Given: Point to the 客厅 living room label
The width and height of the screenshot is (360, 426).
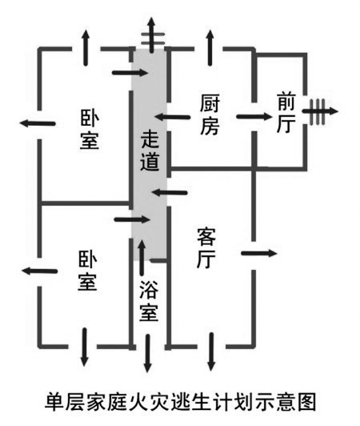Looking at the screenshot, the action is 206,248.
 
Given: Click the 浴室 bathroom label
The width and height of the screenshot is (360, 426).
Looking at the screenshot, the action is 149,301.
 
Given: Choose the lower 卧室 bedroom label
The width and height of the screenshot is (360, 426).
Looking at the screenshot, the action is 87,271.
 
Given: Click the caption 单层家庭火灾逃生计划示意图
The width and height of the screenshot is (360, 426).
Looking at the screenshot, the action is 180,402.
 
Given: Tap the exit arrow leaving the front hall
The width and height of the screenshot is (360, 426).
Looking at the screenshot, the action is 320,111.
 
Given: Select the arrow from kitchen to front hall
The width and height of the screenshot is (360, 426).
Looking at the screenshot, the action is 254,117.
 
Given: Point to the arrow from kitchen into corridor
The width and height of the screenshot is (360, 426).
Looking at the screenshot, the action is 172,117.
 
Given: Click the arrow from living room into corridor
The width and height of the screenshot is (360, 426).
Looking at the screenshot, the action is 170,193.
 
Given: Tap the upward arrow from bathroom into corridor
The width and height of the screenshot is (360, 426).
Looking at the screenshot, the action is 142,258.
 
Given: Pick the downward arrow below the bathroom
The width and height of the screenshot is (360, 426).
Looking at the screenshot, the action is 147,353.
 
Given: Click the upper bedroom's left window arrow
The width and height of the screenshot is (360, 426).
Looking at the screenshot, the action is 38,123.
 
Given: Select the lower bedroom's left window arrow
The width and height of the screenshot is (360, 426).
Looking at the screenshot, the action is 39,271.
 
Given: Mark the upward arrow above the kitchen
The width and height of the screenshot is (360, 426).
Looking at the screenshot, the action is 210,47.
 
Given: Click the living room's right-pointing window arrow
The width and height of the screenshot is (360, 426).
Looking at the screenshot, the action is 259,254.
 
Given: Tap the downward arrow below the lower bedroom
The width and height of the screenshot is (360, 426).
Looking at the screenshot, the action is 85,347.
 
